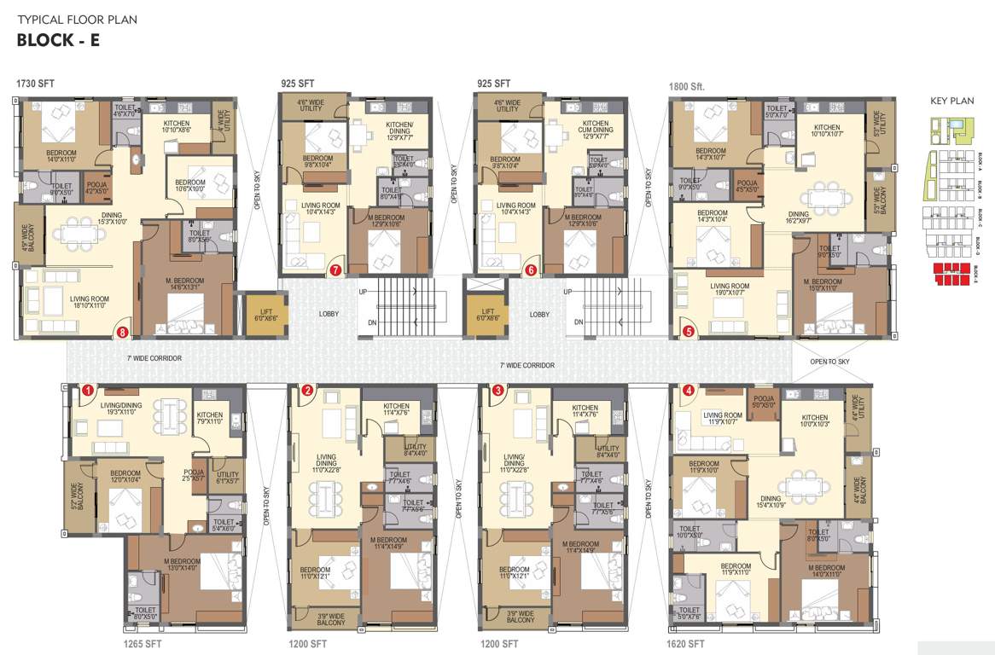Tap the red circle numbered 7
pos(335,270)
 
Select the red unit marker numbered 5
pos(689,332)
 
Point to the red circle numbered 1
pos(88,391)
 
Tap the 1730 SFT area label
pos(35,84)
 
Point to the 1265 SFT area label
pos(142,644)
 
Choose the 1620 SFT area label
pos(685,644)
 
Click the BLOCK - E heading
pos(58,39)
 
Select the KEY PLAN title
pos(951,101)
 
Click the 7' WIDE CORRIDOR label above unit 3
pos(527,365)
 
